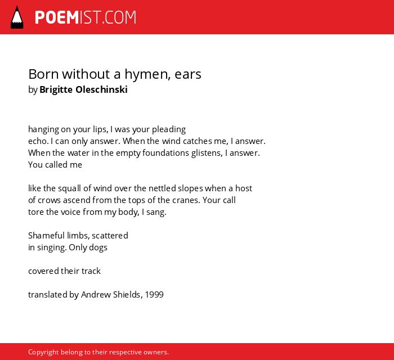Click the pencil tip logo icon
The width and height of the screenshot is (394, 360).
tap(17, 17)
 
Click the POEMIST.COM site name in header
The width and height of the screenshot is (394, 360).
tap(86, 17)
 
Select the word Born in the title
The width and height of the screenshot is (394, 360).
tap(44, 74)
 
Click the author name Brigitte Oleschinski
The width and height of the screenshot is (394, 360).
tap(83, 89)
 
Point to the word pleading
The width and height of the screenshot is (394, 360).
tap(169, 129)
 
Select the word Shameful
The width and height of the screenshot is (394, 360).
tap(47, 236)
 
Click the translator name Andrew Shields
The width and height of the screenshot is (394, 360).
tap(110, 295)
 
